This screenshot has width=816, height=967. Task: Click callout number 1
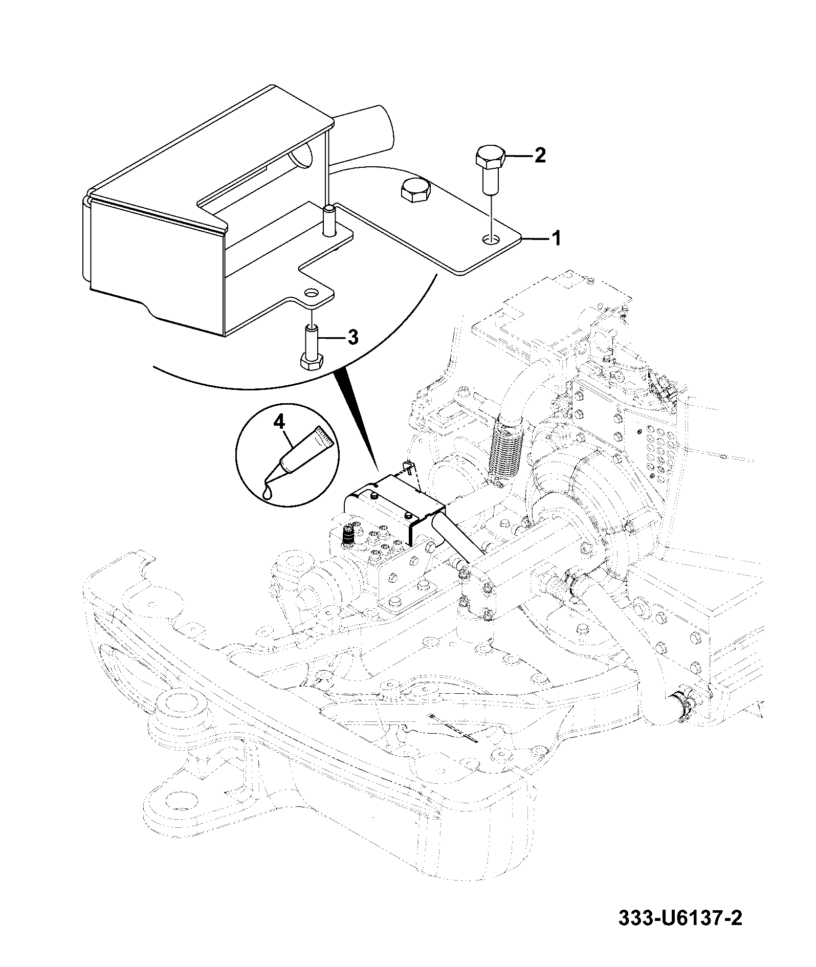[555, 238]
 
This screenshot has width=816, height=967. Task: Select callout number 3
[352, 337]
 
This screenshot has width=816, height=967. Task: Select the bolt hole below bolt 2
[492, 239]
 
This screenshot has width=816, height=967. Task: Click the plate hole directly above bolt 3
[312, 293]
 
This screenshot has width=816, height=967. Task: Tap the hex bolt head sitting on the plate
[415, 191]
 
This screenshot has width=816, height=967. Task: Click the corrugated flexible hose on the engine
[505, 447]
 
